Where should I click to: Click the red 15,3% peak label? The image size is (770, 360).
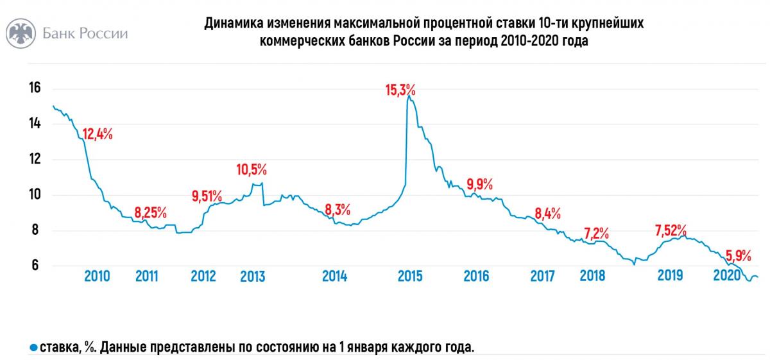(400, 90)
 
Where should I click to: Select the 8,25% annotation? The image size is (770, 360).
(151, 212)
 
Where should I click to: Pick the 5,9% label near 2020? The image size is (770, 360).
(738, 253)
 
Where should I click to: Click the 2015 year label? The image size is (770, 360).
(409, 276)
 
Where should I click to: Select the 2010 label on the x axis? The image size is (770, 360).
(97, 276)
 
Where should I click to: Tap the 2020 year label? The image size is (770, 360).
(728, 275)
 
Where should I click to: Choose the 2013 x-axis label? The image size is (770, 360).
(252, 277)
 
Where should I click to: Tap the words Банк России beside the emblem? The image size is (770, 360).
(85, 34)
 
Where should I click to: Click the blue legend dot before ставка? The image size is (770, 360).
(33, 347)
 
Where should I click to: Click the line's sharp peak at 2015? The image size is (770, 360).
(409, 97)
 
